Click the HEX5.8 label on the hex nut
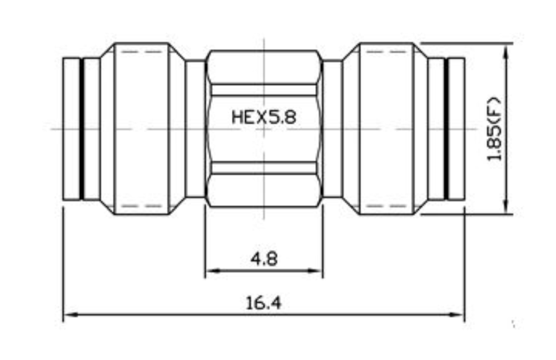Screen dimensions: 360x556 point(264,117)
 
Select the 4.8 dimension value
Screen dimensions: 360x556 point(264,259)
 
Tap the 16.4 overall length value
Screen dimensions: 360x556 point(264,303)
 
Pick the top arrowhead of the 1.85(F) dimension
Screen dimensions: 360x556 point(505,50)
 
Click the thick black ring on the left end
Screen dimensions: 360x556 point(82,129)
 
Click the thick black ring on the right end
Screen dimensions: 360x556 point(445,129)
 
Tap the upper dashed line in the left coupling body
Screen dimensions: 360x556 point(142,52)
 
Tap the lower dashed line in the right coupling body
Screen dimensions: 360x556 point(386,206)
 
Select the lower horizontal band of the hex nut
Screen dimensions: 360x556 point(264,168)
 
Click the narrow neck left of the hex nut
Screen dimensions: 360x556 point(195,129)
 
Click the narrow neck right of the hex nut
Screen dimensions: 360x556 point(332,129)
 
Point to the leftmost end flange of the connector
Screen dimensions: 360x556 point(71,129)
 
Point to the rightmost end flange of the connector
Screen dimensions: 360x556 point(456,129)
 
